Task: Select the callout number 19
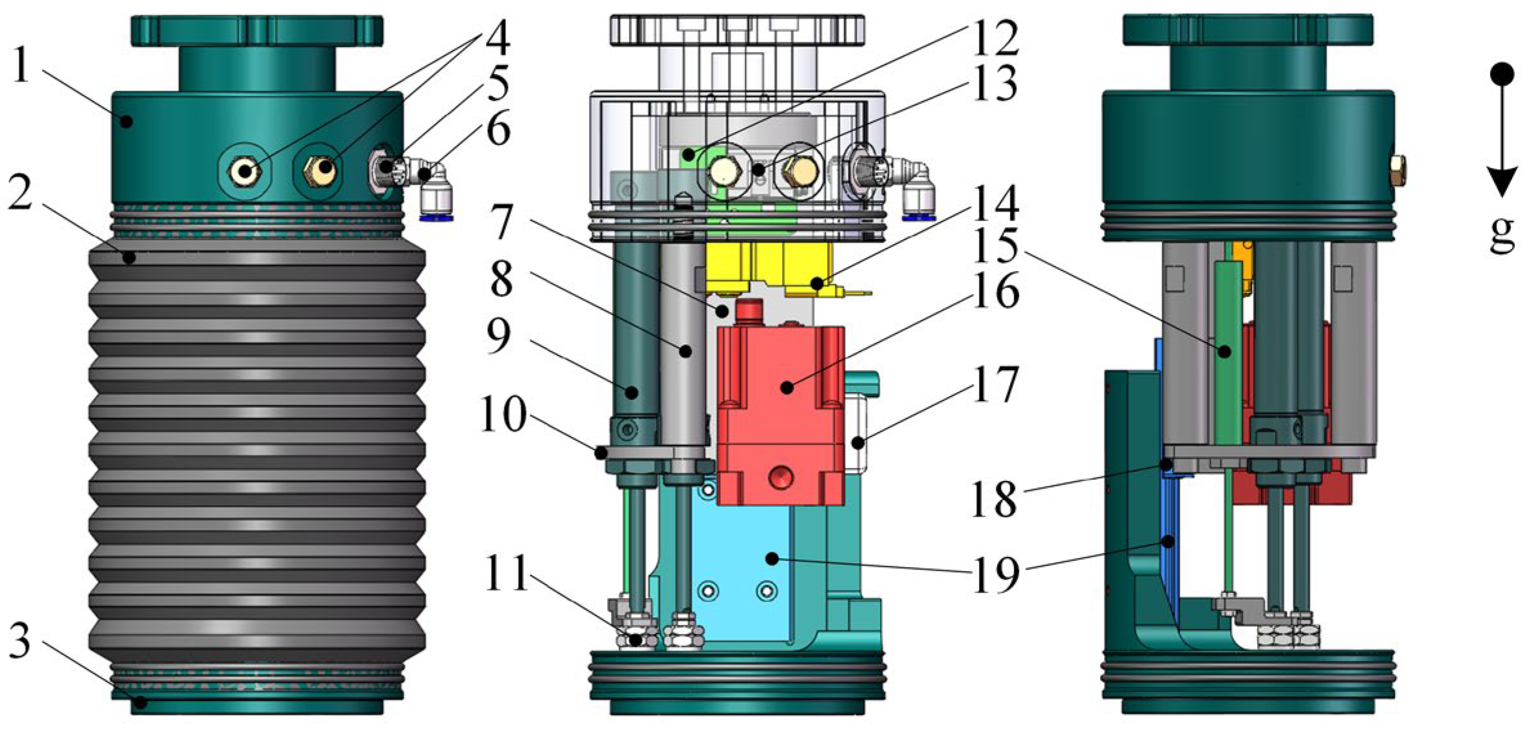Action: point(996,575)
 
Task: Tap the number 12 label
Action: point(995,39)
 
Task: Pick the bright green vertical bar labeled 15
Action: point(1228,351)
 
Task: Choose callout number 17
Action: point(996,384)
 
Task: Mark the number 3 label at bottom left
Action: point(19,642)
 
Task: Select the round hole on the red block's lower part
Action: point(780,478)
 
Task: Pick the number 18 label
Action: point(995,499)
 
